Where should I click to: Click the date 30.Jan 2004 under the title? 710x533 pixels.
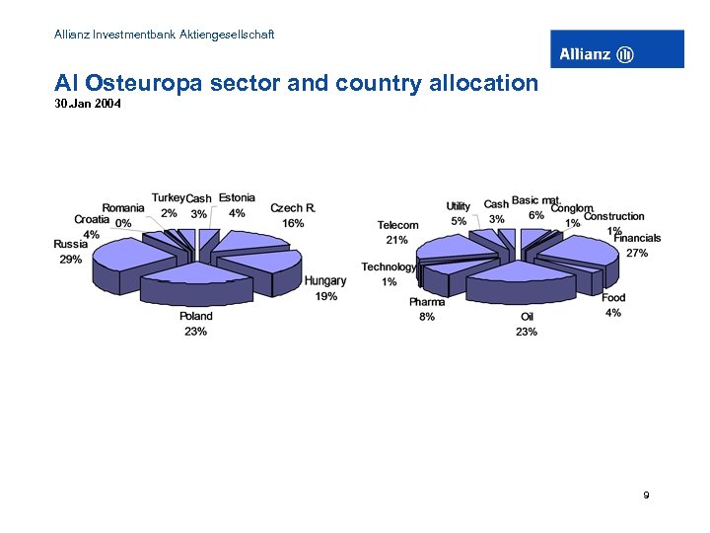click(88, 103)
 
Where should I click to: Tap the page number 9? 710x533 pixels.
click(646, 495)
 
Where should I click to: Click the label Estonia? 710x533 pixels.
click(237, 198)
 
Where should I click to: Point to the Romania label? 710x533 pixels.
click(123, 208)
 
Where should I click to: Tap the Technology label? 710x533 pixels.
click(389, 266)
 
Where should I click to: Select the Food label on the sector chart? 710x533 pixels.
click(613, 298)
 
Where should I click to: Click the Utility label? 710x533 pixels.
click(459, 206)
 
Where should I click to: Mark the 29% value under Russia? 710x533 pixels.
click(71, 260)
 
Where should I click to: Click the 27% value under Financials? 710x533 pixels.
click(637, 253)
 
